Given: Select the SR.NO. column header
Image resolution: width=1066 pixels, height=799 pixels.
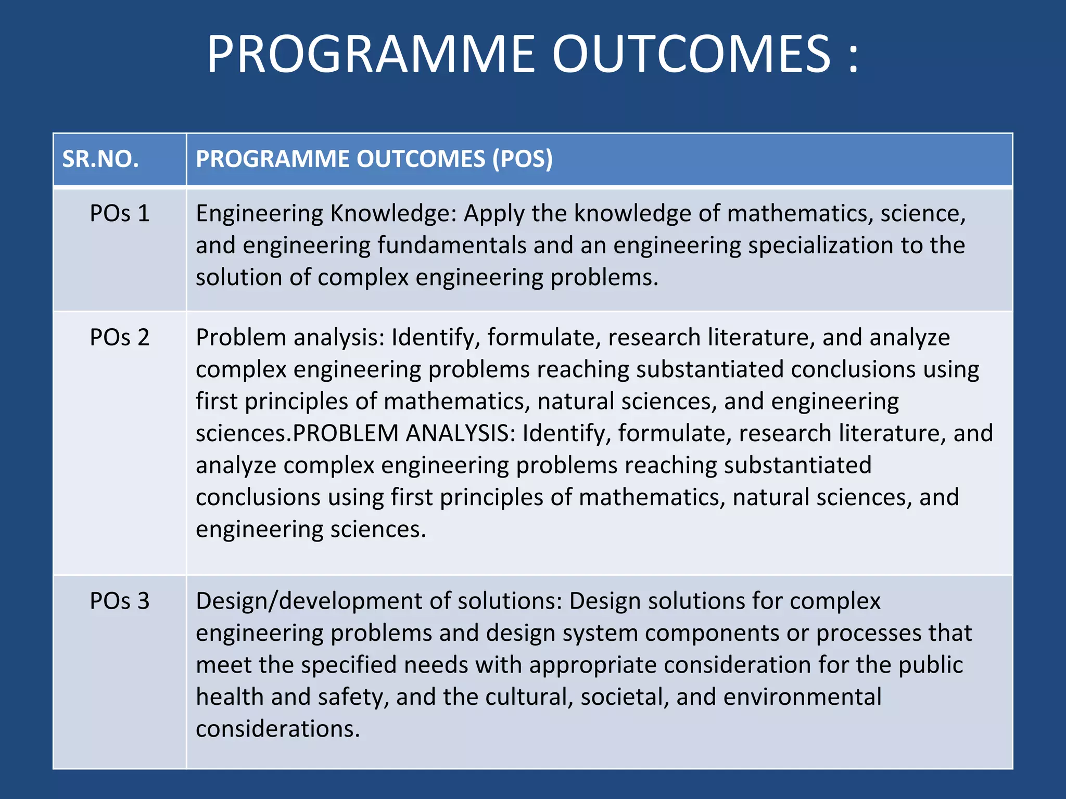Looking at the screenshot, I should click(100, 159).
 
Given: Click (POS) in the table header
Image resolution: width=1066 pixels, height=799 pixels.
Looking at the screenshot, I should click(523, 159).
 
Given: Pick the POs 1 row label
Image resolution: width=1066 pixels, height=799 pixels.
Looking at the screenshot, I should click(120, 214).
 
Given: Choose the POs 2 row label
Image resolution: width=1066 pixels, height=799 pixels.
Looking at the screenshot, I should click(120, 338).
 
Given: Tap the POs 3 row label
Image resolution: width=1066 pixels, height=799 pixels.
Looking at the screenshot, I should click(120, 601).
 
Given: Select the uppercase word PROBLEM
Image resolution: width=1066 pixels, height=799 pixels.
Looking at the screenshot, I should click(346, 433).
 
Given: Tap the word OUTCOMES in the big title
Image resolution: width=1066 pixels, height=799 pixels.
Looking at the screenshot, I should click(691, 54).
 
